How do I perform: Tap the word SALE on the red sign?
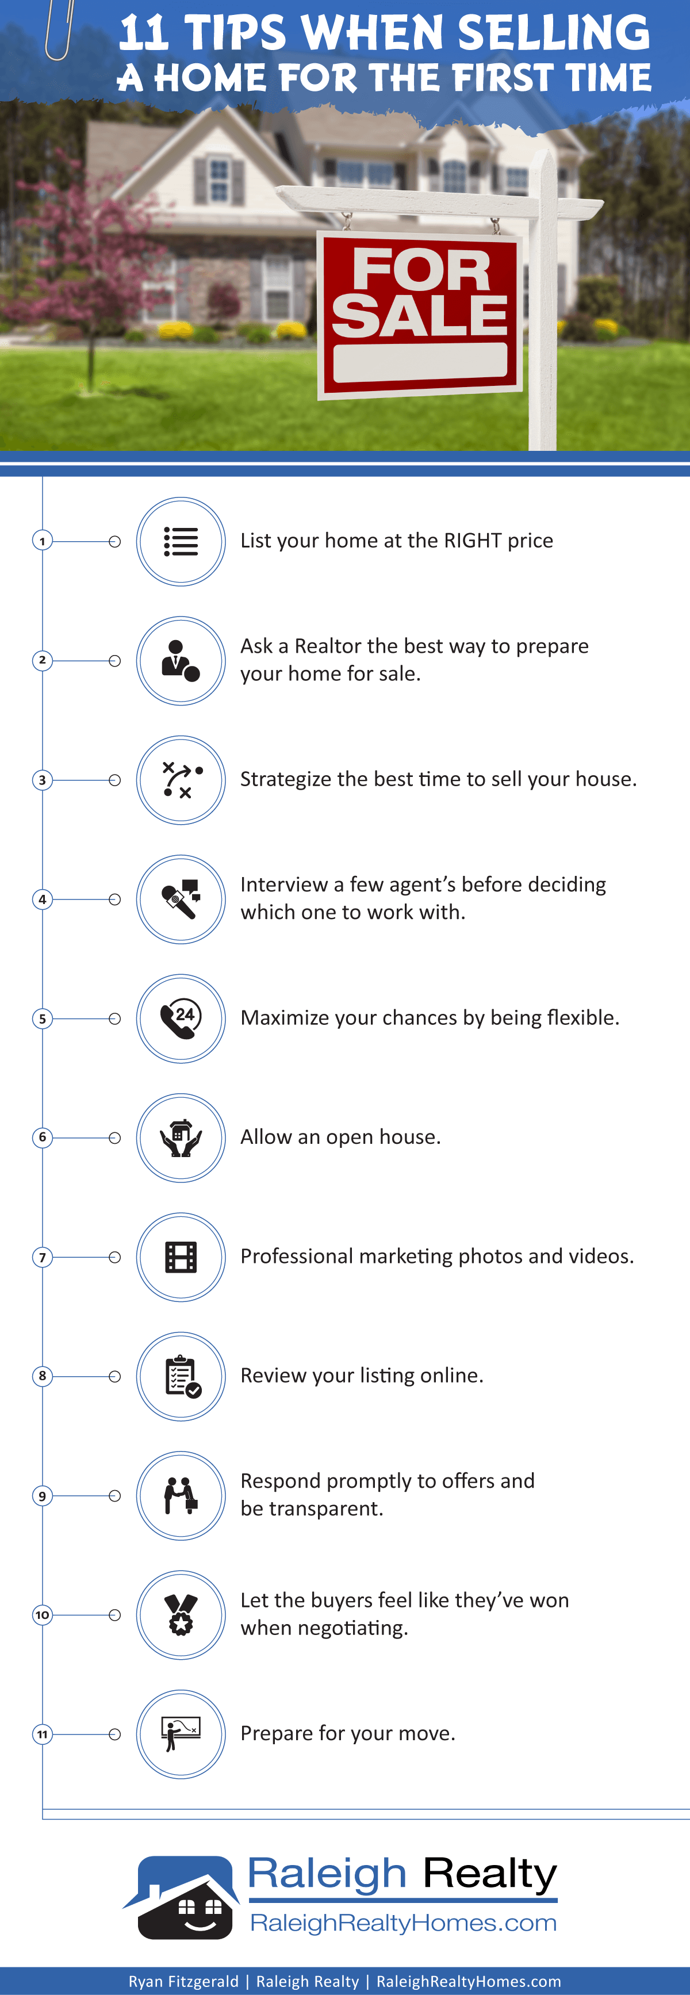(x=420, y=316)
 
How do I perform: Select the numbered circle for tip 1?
(x=43, y=541)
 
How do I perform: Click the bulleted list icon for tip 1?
(x=181, y=541)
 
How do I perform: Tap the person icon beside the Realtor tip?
(x=181, y=661)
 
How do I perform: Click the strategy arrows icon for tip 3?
(x=182, y=780)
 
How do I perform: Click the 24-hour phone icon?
(x=181, y=1018)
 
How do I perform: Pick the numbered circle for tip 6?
(x=43, y=1137)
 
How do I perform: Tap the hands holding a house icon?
(x=181, y=1138)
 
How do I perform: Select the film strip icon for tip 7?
(x=181, y=1257)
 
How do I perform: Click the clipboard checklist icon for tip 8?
(x=183, y=1376)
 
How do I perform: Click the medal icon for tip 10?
(x=181, y=1615)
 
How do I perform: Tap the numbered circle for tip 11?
(x=43, y=1734)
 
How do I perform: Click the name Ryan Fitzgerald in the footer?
(x=183, y=1981)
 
